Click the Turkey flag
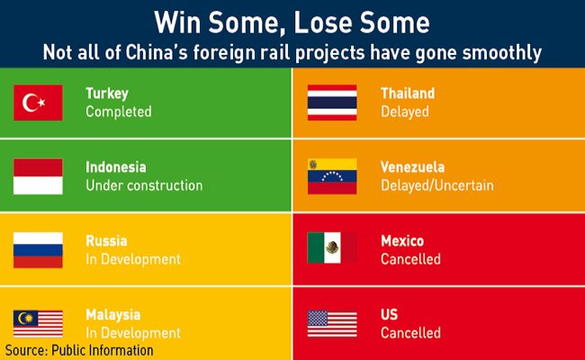(38, 103)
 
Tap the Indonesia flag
(38, 176)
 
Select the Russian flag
(38, 250)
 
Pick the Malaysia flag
(38, 324)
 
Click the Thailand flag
(332, 103)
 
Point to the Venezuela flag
(332, 176)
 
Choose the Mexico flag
(332, 247)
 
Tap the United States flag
(332, 324)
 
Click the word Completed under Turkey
(119, 112)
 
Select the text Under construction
(144, 185)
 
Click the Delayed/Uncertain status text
(436, 185)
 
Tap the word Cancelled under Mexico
(410, 259)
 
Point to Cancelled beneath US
(410, 333)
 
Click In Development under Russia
(133, 259)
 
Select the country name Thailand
(408, 94)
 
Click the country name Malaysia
(113, 315)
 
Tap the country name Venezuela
(412, 167)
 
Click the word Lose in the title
(321, 22)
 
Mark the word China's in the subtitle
(157, 52)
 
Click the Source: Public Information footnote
(79, 350)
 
